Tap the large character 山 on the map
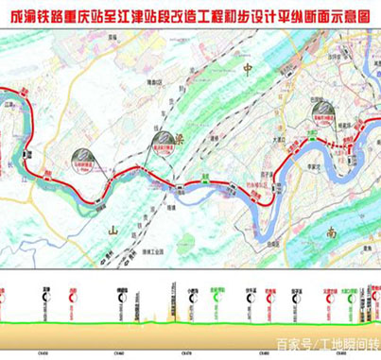coord(113,230)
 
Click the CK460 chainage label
coord(120,351)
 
